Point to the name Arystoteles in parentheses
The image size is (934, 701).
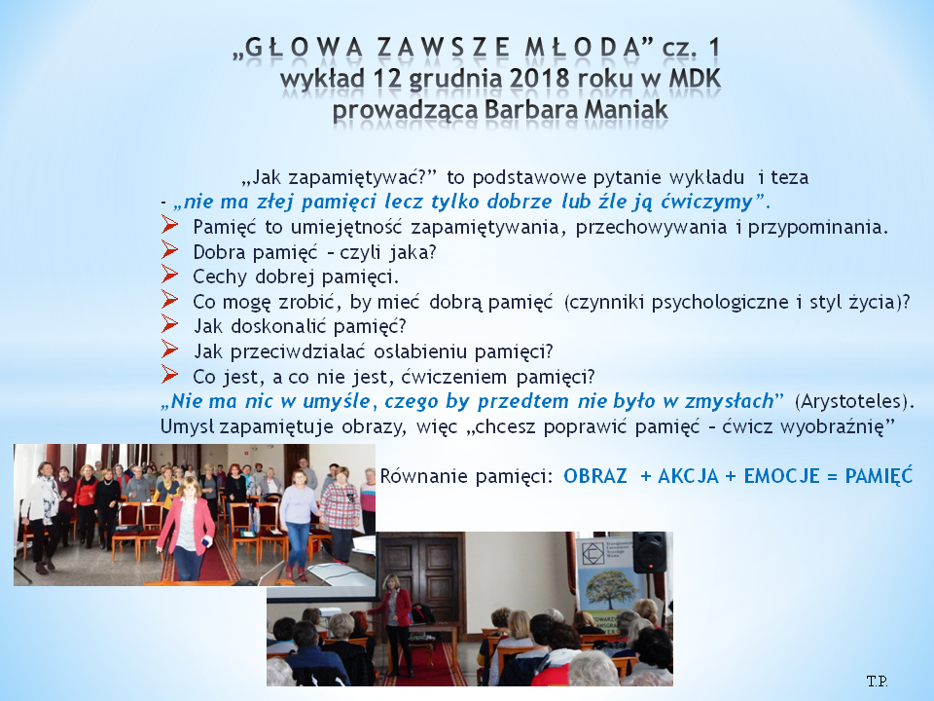852,401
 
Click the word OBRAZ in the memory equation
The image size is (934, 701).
595,476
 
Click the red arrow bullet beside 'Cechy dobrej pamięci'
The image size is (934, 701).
169,275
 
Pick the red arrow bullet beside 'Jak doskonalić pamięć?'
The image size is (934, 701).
169,324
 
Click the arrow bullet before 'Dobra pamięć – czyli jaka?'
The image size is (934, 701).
169,250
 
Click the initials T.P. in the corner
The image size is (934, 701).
877,681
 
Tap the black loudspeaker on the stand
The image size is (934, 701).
649,553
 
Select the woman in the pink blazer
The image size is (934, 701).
187,529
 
